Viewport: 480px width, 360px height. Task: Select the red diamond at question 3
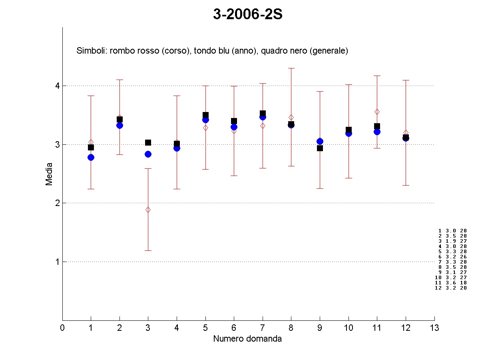pyautogui.click(x=148, y=210)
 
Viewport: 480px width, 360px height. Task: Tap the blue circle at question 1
pyautogui.click(x=91, y=157)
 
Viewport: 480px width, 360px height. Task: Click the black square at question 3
pyautogui.click(x=148, y=142)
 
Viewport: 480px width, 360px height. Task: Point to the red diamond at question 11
pyautogui.click(x=377, y=112)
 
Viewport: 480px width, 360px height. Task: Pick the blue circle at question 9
pyautogui.click(x=320, y=141)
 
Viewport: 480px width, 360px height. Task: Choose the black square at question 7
pyautogui.click(x=263, y=113)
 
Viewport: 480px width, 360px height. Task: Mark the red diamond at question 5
pyautogui.click(x=205, y=128)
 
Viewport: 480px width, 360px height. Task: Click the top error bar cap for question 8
pyautogui.click(x=291, y=68)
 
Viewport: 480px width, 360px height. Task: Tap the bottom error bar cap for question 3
pyautogui.click(x=148, y=250)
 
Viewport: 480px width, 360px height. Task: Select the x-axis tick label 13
pyautogui.click(x=434, y=328)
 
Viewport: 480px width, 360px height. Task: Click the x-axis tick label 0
pyautogui.click(x=62, y=328)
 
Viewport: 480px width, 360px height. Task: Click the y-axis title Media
pyautogui.click(x=49, y=174)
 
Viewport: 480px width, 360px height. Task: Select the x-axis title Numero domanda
pyautogui.click(x=247, y=339)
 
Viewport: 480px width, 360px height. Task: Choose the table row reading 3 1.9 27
pyautogui.click(x=452, y=241)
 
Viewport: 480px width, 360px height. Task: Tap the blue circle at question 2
pyautogui.click(x=120, y=125)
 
